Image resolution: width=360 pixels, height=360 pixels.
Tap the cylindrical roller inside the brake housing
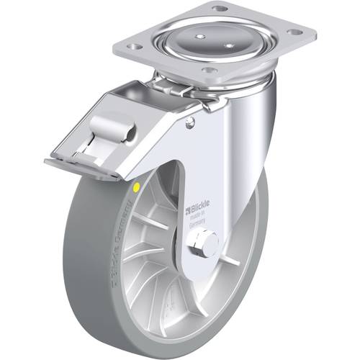[121, 131]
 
